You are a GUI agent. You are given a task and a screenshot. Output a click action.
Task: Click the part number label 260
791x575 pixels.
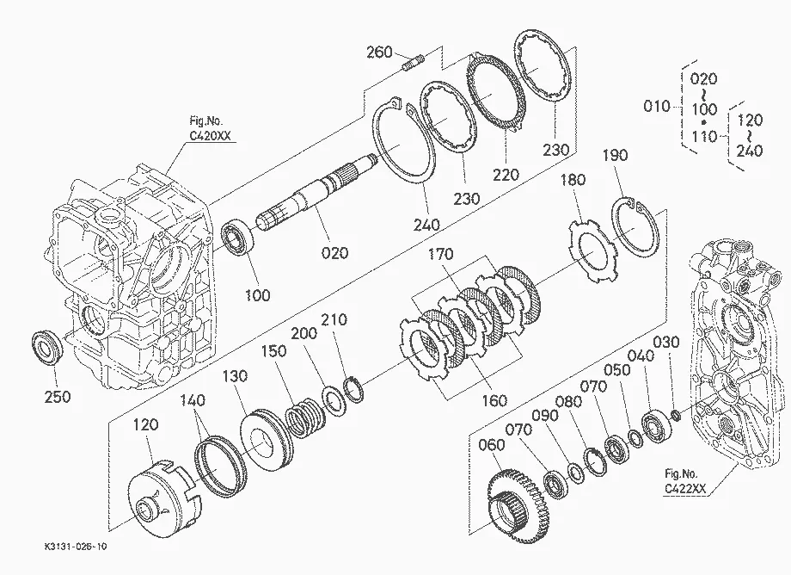pos(379,52)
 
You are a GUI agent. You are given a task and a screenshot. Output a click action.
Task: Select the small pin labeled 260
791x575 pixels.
pos(414,63)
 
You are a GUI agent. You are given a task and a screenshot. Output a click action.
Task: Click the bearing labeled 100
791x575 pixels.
pos(236,238)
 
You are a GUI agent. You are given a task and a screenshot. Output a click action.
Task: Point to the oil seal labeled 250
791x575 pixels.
pos(47,346)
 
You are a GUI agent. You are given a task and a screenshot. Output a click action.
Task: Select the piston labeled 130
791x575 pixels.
pos(267,437)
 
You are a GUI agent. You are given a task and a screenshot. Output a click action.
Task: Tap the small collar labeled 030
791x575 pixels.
pos(676,415)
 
